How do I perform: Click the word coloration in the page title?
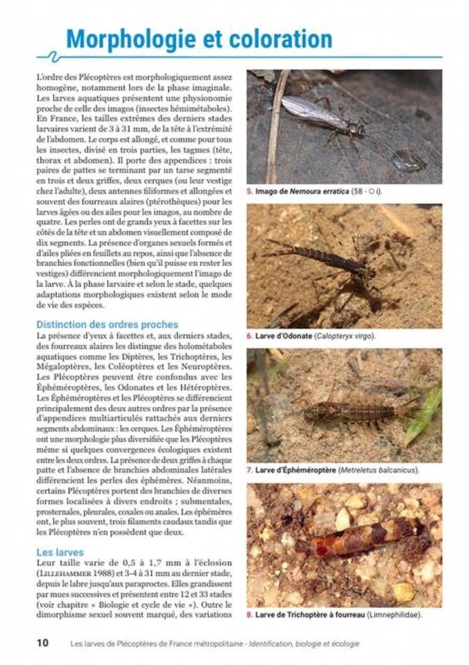(x=275, y=39)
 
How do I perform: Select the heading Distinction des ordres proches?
(x=107, y=325)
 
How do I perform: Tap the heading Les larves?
(x=60, y=552)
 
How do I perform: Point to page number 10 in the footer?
(x=43, y=643)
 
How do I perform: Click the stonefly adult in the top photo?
(x=322, y=117)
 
